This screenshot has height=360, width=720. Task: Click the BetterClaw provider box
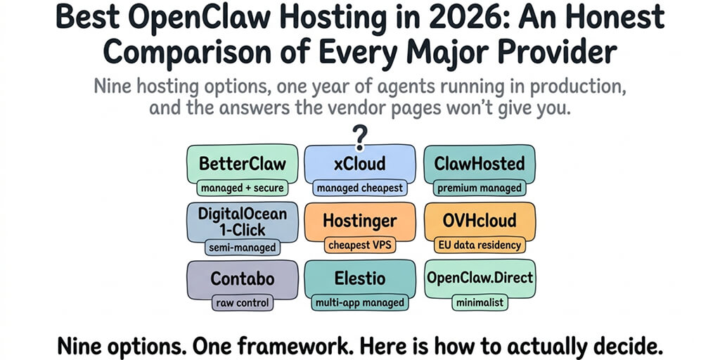[243, 164]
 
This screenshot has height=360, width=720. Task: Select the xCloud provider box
[360, 164]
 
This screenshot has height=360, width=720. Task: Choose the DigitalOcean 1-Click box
[243, 221]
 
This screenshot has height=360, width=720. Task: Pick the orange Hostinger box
[360, 221]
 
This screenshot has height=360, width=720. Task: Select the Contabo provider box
[243, 278]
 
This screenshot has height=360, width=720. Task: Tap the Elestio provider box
[360, 278]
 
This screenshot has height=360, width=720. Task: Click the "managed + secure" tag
[243, 188]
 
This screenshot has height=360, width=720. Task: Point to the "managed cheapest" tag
[360, 188]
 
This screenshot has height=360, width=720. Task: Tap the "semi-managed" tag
[243, 247]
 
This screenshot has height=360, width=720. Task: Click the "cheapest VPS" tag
[360, 245]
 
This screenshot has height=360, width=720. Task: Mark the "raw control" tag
[243, 303]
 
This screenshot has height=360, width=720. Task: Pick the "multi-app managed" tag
[360, 303]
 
